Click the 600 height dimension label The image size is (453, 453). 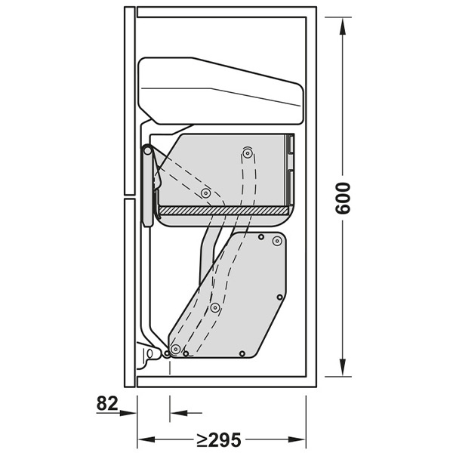pos(344,199)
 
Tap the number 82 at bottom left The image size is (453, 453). pos(109,403)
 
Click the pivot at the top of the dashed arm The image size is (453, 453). pos(247,153)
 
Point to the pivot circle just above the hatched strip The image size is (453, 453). pos(205,193)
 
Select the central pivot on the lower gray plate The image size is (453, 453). pos(215,307)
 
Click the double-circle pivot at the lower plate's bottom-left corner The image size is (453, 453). pos(175,350)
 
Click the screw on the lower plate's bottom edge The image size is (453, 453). pos(242,353)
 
